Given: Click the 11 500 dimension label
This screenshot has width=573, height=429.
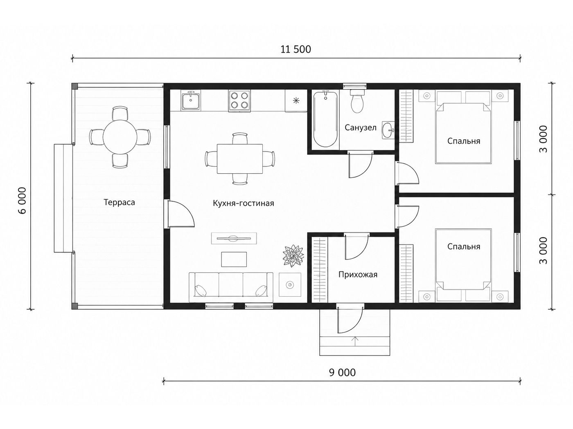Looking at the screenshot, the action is (x=296, y=49).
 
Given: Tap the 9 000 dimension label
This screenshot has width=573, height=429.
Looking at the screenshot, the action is (x=342, y=373).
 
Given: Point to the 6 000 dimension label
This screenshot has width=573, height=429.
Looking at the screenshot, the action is (x=23, y=200).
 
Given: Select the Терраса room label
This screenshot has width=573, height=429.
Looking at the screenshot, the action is (x=119, y=202).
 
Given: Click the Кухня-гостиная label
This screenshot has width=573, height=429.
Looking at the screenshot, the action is (x=243, y=203).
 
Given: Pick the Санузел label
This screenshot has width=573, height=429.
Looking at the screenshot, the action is (x=361, y=127).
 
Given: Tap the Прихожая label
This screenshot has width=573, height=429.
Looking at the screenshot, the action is (x=358, y=275).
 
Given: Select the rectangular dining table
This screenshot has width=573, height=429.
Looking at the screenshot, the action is (x=240, y=159).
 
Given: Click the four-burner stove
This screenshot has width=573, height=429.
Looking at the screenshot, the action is (x=239, y=101).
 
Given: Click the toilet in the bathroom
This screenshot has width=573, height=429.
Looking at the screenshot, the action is (x=357, y=102).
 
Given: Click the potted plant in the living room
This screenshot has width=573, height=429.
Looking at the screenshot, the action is (x=293, y=256).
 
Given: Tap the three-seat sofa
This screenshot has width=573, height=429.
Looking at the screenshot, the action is (x=231, y=288).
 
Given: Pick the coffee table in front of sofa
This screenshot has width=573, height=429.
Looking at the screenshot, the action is (x=234, y=259).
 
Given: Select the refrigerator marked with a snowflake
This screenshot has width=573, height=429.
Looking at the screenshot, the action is (x=296, y=101).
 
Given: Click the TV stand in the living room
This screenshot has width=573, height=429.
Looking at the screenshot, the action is (x=234, y=238).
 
